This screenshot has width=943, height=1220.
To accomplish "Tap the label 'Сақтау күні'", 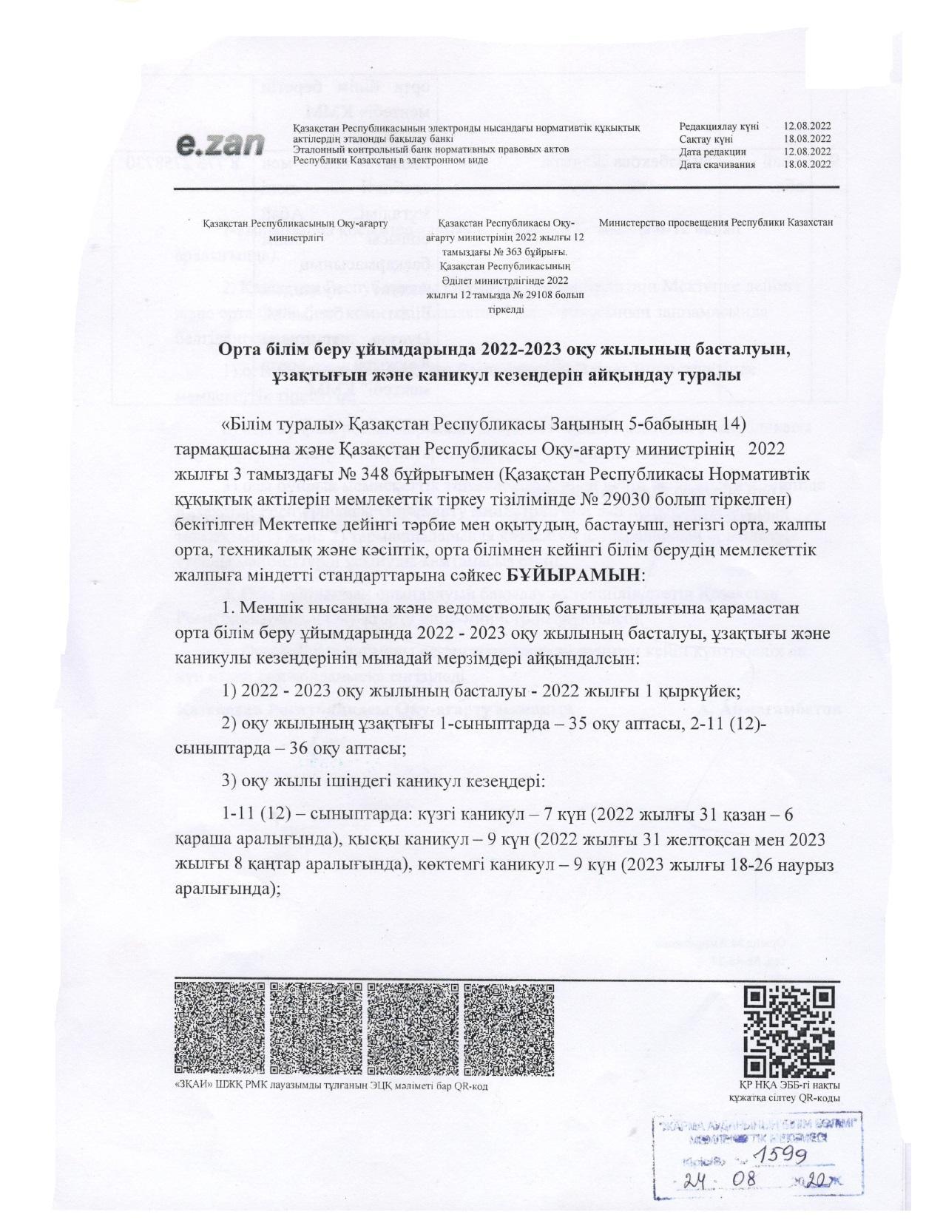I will click(706, 139).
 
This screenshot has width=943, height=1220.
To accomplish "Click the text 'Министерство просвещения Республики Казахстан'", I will click(716, 223).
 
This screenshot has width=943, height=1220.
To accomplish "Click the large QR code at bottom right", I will click(789, 1030).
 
